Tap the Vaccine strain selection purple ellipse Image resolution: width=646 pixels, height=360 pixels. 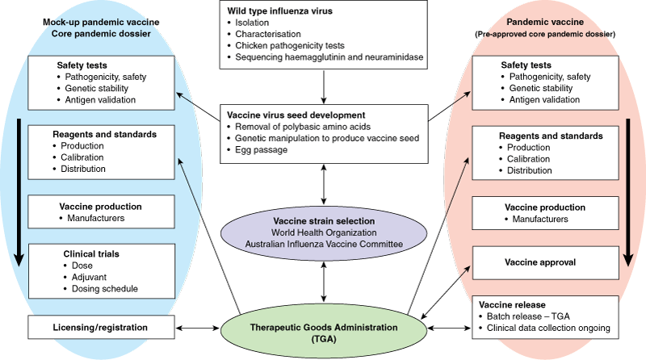tap(322, 232)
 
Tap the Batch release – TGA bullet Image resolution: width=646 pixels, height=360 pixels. tap(542, 316)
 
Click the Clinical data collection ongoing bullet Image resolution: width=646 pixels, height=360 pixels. tap(557, 329)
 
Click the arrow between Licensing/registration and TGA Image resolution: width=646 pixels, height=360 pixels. tap(198, 329)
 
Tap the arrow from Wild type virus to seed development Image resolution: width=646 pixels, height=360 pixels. tap(322, 84)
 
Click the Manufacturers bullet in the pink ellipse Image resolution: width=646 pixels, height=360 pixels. tap(533, 219)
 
